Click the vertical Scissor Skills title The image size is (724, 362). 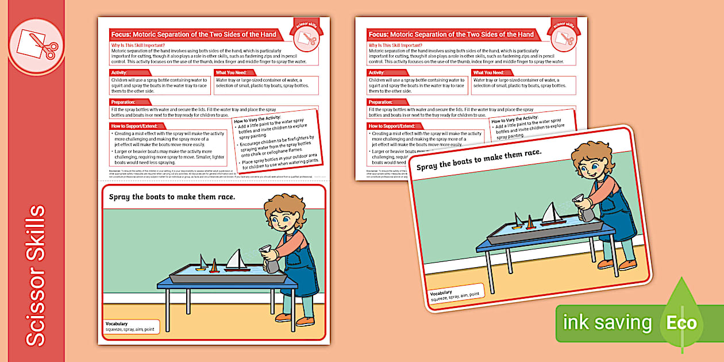tap(36, 276)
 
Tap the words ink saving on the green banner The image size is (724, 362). tap(607, 323)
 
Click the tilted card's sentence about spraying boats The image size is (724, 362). tap(478, 160)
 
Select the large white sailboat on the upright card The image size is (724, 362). tap(237, 260)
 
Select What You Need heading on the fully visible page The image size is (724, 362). tap(231, 72)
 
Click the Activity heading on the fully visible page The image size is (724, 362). tap(120, 72)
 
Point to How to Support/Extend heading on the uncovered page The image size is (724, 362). tap(137, 126)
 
